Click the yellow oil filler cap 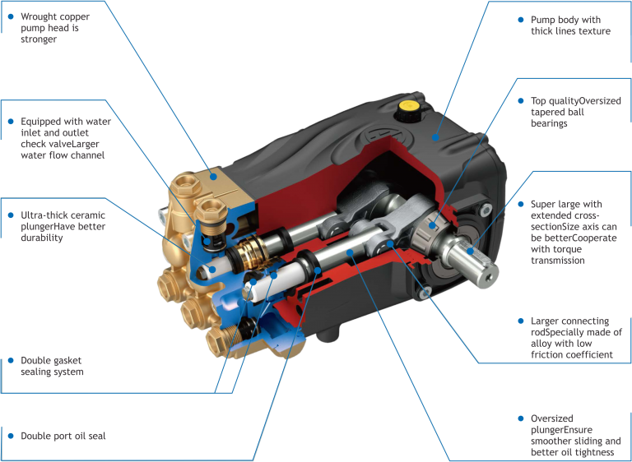pyautogui.click(x=407, y=107)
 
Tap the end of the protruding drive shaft pyautogui.click(x=489, y=278)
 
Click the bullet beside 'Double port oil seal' pyautogui.click(x=12, y=436)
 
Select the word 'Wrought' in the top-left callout pyautogui.click(x=39, y=17)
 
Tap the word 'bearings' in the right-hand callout pyautogui.click(x=549, y=123)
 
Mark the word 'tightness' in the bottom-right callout pyautogui.click(x=592, y=452)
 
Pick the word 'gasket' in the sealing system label pyautogui.click(x=67, y=361)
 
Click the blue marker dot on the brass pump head pyautogui.click(x=213, y=177)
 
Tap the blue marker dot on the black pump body pyautogui.click(x=435, y=137)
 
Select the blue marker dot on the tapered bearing pyautogui.click(x=432, y=225)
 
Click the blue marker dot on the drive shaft pyautogui.click(x=470, y=252)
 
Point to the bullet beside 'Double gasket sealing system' pyautogui.click(x=12, y=361)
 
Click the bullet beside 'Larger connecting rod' pyautogui.click(x=521, y=321)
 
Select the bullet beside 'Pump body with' pyautogui.click(x=521, y=20)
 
